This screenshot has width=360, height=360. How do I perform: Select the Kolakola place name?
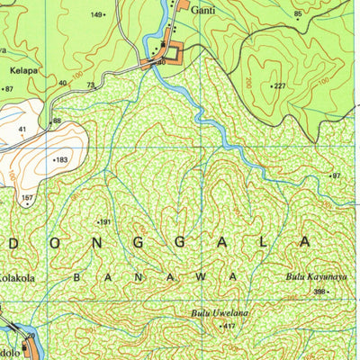(x=16, y=279)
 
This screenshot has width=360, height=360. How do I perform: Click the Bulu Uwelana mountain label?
(x=219, y=312)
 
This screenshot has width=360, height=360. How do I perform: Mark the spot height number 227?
(x=280, y=85)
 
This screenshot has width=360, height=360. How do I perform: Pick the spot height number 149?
(x=97, y=15)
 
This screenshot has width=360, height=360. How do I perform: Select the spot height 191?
(x=104, y=221)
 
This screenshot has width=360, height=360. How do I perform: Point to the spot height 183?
(x=61, y=160)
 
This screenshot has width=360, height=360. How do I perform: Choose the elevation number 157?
(x=27, y=196)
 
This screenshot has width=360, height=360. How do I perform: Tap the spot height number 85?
(x=298, y=14)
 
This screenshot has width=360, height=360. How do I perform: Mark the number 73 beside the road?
(x=90, y=85)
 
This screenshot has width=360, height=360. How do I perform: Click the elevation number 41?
(x=21, y=130)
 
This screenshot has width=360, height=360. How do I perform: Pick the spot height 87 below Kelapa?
(x=9, y=89)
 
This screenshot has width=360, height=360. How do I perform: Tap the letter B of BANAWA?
(x=76, y=278)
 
